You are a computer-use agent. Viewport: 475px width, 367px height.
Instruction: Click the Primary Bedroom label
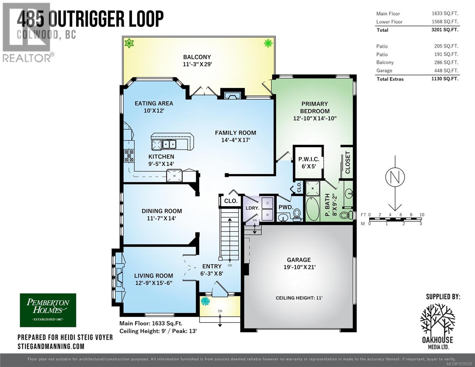[314, 107]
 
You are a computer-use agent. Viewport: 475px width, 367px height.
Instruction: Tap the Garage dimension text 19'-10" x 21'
[299, 267]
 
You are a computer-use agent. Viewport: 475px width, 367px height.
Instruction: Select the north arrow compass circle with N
[395, 177]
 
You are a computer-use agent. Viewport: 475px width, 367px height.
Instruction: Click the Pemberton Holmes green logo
[48, 310]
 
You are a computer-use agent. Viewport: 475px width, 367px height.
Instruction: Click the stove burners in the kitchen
[129, 156]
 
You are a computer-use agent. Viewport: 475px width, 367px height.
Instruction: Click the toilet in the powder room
[296, 215]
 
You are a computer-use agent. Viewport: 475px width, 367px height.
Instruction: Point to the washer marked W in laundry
[267, 215]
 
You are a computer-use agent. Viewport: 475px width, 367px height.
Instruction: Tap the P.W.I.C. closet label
[309, 159]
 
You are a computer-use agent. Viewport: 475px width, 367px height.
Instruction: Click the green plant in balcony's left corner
[130, 43]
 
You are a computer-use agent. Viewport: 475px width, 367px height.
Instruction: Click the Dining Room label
[161, 211]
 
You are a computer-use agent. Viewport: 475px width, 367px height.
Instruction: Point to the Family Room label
[235, 133]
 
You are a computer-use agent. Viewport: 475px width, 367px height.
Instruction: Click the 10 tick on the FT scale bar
[422, 215]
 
